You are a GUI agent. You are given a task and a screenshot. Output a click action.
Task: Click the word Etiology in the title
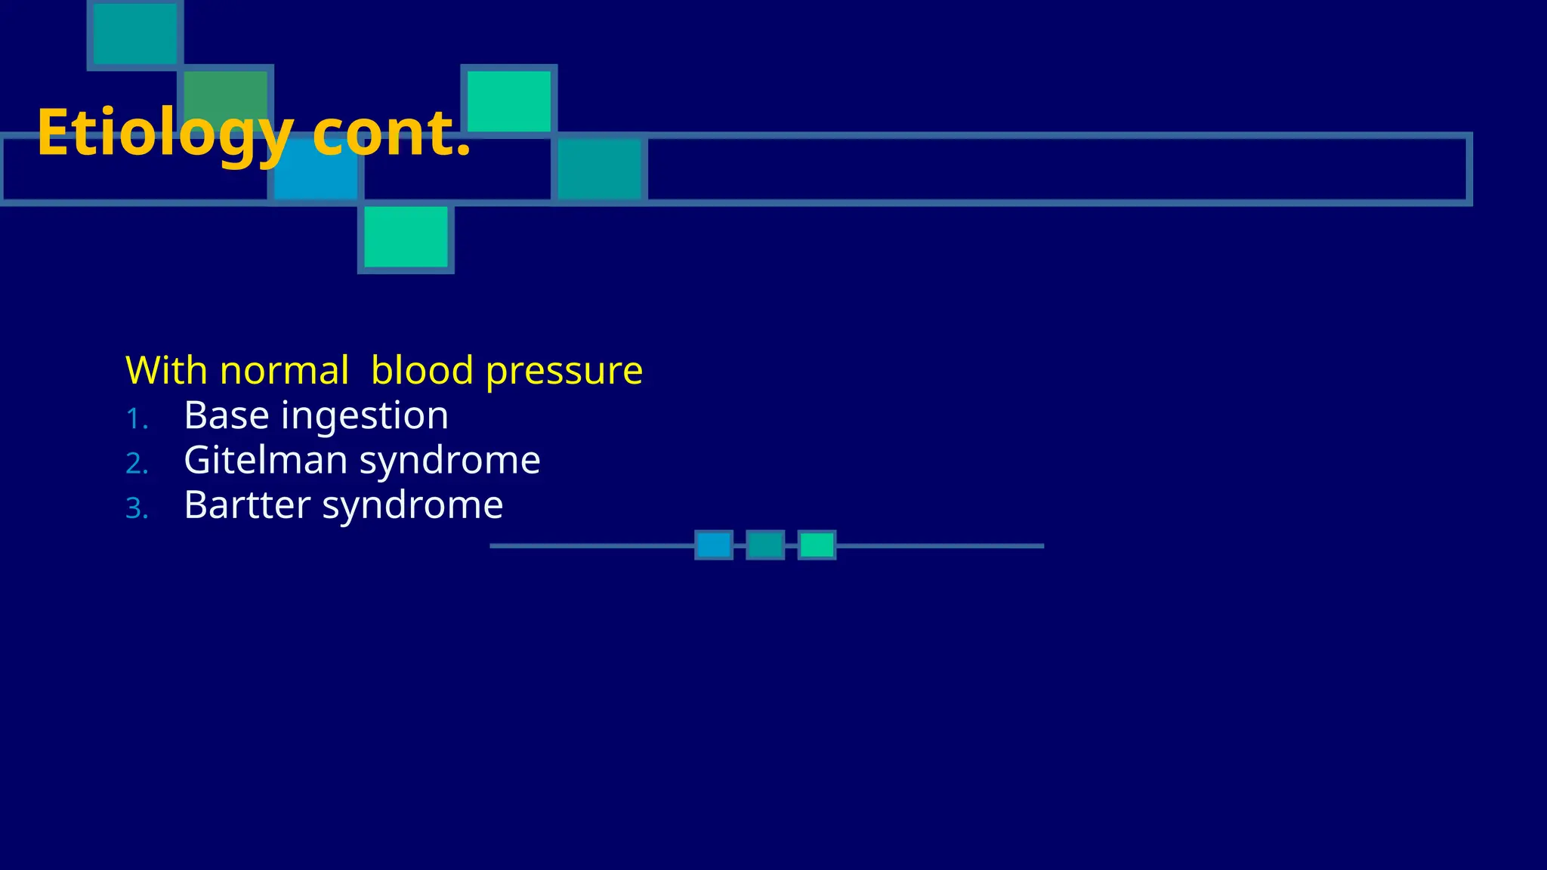[165, 134]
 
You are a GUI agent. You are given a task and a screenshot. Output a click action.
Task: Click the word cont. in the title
[391, 134]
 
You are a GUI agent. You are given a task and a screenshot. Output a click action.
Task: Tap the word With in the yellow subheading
[165, 371]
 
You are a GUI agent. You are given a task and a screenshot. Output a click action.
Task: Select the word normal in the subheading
[284, 371]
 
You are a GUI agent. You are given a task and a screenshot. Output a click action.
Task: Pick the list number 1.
[136, 419]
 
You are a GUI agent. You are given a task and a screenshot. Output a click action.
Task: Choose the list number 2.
[136, 464]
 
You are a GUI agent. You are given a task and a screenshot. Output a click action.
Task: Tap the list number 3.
[136, 508]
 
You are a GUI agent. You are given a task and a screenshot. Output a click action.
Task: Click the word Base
[226, 416]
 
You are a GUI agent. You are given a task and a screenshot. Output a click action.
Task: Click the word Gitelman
[265, 461]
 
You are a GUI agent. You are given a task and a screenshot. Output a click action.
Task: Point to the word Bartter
[246, 505]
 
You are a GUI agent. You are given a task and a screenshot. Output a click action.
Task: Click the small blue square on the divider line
[713, 545]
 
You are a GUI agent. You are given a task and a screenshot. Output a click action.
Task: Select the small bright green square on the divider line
[817, 545]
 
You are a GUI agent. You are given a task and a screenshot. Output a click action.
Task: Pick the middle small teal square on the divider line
[765, 545]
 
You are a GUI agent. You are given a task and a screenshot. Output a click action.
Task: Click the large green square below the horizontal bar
[406, 238]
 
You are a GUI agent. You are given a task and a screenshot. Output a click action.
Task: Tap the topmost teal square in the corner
[134, 33]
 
